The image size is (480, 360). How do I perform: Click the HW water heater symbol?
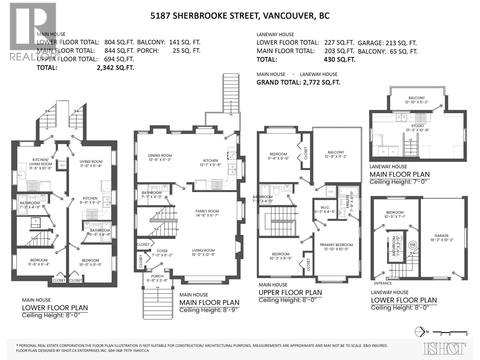click(412, 245)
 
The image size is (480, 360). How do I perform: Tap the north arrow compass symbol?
click(419, 331)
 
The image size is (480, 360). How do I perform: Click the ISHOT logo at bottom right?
click(445, 349)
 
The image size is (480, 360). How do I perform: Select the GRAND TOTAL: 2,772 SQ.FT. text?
click(298, 82)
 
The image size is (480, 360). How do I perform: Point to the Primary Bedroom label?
click(336, 245)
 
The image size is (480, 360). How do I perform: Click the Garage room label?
click(442, 236)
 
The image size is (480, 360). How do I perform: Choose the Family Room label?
click(207, 211)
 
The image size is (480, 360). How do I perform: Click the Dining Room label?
click(160, 155)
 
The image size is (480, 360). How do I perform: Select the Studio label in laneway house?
click(418, 126)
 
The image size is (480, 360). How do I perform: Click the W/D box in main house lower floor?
click(62, 165)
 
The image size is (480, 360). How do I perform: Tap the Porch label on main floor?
click(157, 276)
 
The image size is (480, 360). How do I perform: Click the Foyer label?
click(162, 251)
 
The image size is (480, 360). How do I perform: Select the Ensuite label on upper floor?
click(348, 198)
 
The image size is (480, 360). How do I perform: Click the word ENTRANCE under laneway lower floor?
click(383, 283)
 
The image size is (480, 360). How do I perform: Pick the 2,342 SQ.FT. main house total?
click(115, 67)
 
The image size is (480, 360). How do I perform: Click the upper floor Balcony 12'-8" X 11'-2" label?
click(336, 152)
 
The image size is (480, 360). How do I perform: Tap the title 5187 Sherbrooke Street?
click(240, 16)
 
